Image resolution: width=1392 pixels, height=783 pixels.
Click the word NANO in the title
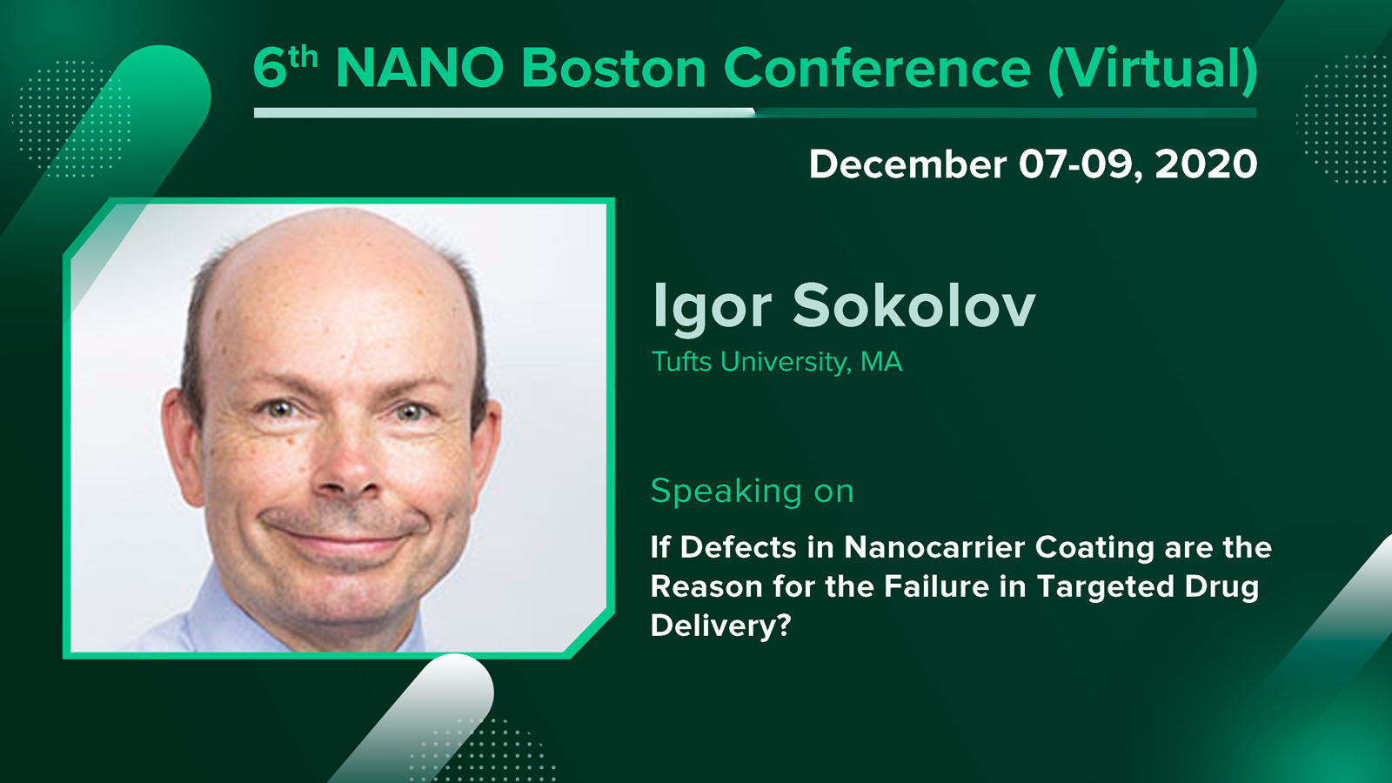click(x=419, y=68)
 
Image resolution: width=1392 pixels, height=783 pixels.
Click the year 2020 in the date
click(x=1206, y=164)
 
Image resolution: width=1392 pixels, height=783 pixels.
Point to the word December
click(x=908, y=164)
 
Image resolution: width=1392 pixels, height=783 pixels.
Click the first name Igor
click(x=713, y=307)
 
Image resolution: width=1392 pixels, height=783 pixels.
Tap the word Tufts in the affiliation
click(x=681, y=362)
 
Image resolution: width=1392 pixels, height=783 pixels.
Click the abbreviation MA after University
click(x=881, y=362)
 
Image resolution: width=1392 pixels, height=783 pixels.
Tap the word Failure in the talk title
click(x=936, y=586)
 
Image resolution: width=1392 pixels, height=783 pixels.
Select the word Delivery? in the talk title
click(x=720, y=626)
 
